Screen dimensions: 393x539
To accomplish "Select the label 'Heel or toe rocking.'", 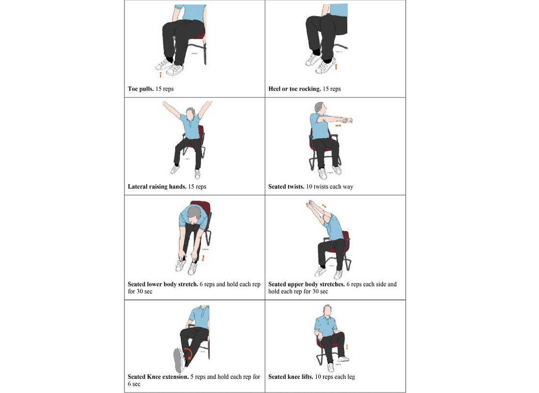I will tap(294, 89).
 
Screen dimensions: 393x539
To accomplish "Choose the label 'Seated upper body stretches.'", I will tap(306, 284).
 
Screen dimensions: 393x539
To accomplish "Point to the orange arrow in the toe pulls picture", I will tap(160, 74).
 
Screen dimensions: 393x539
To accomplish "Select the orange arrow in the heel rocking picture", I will tap(336, 66).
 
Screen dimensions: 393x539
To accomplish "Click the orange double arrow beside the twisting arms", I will tap(338, 125).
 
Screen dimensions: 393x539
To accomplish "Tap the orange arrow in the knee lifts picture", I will tap(347, 347).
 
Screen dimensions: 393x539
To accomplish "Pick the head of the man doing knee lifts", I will tap(326, 310).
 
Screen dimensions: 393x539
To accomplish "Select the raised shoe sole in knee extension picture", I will tap(178, 360).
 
